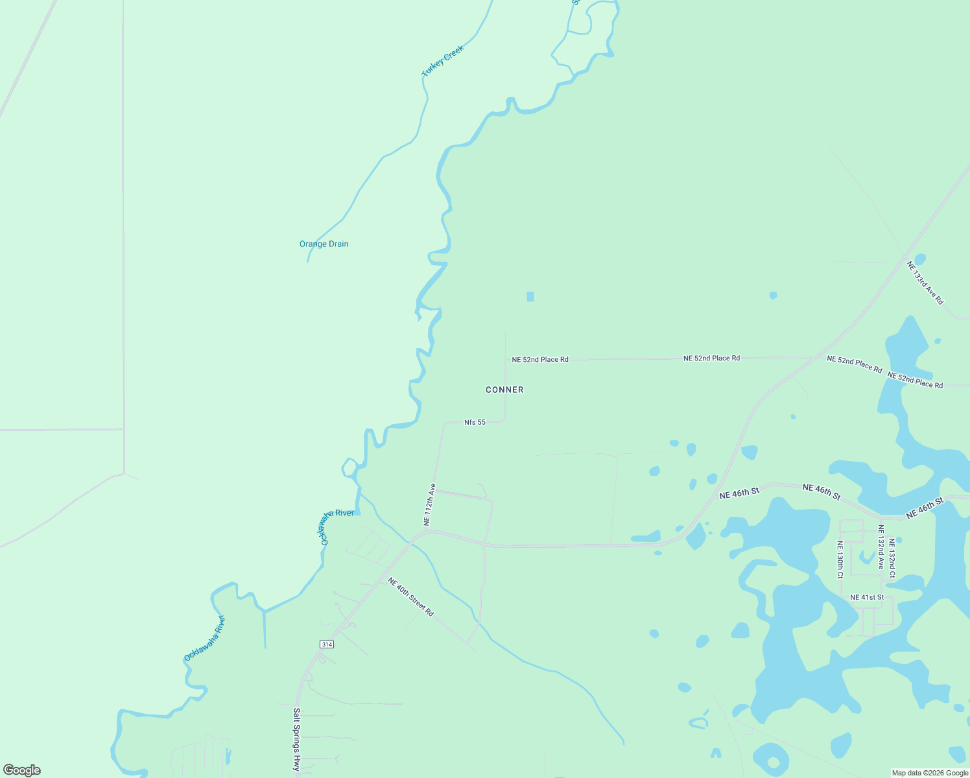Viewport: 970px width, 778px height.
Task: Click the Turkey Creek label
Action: (443, 62)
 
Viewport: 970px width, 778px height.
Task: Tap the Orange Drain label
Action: (324, 244)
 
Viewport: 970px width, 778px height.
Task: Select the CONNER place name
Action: (504, 390)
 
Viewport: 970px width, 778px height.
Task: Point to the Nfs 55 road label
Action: (475, 423)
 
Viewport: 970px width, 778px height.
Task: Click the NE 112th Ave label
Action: (429, 504)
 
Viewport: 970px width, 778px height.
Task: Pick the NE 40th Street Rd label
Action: (410, 596)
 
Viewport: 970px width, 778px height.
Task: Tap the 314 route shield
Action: (326, 644)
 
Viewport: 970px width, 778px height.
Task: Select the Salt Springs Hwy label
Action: (296, 739)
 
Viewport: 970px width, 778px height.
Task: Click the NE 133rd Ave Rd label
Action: (925, 283)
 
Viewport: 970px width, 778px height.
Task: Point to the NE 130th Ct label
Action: (840, 560)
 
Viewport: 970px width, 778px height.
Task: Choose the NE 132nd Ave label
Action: (881, 547)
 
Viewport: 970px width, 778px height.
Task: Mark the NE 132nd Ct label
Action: (892, 558)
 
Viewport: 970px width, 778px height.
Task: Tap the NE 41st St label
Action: (866, 597)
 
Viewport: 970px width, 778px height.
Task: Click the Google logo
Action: (22, 770)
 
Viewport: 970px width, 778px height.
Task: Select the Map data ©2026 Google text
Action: (930, 773)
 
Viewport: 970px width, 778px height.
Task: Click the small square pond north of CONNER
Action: (530, 296)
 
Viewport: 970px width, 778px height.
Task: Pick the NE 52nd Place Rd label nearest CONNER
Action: (539, 359)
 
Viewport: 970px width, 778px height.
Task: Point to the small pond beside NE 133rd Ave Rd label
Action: (919, 259)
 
